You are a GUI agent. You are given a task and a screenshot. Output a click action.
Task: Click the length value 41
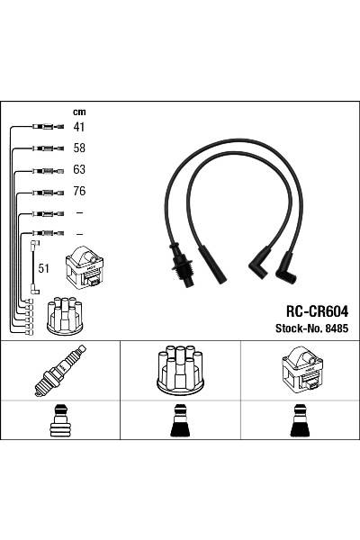78,128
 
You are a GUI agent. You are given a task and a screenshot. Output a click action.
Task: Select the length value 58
78,148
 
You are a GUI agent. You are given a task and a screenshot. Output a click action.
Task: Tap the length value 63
78,170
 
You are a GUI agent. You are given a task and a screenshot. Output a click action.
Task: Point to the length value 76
78,192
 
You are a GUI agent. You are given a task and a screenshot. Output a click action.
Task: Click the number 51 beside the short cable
43,267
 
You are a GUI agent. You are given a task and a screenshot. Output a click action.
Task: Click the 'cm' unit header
78,112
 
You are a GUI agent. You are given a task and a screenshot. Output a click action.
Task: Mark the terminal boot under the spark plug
60,420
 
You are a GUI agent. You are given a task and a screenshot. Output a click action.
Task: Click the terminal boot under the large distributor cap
179,420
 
